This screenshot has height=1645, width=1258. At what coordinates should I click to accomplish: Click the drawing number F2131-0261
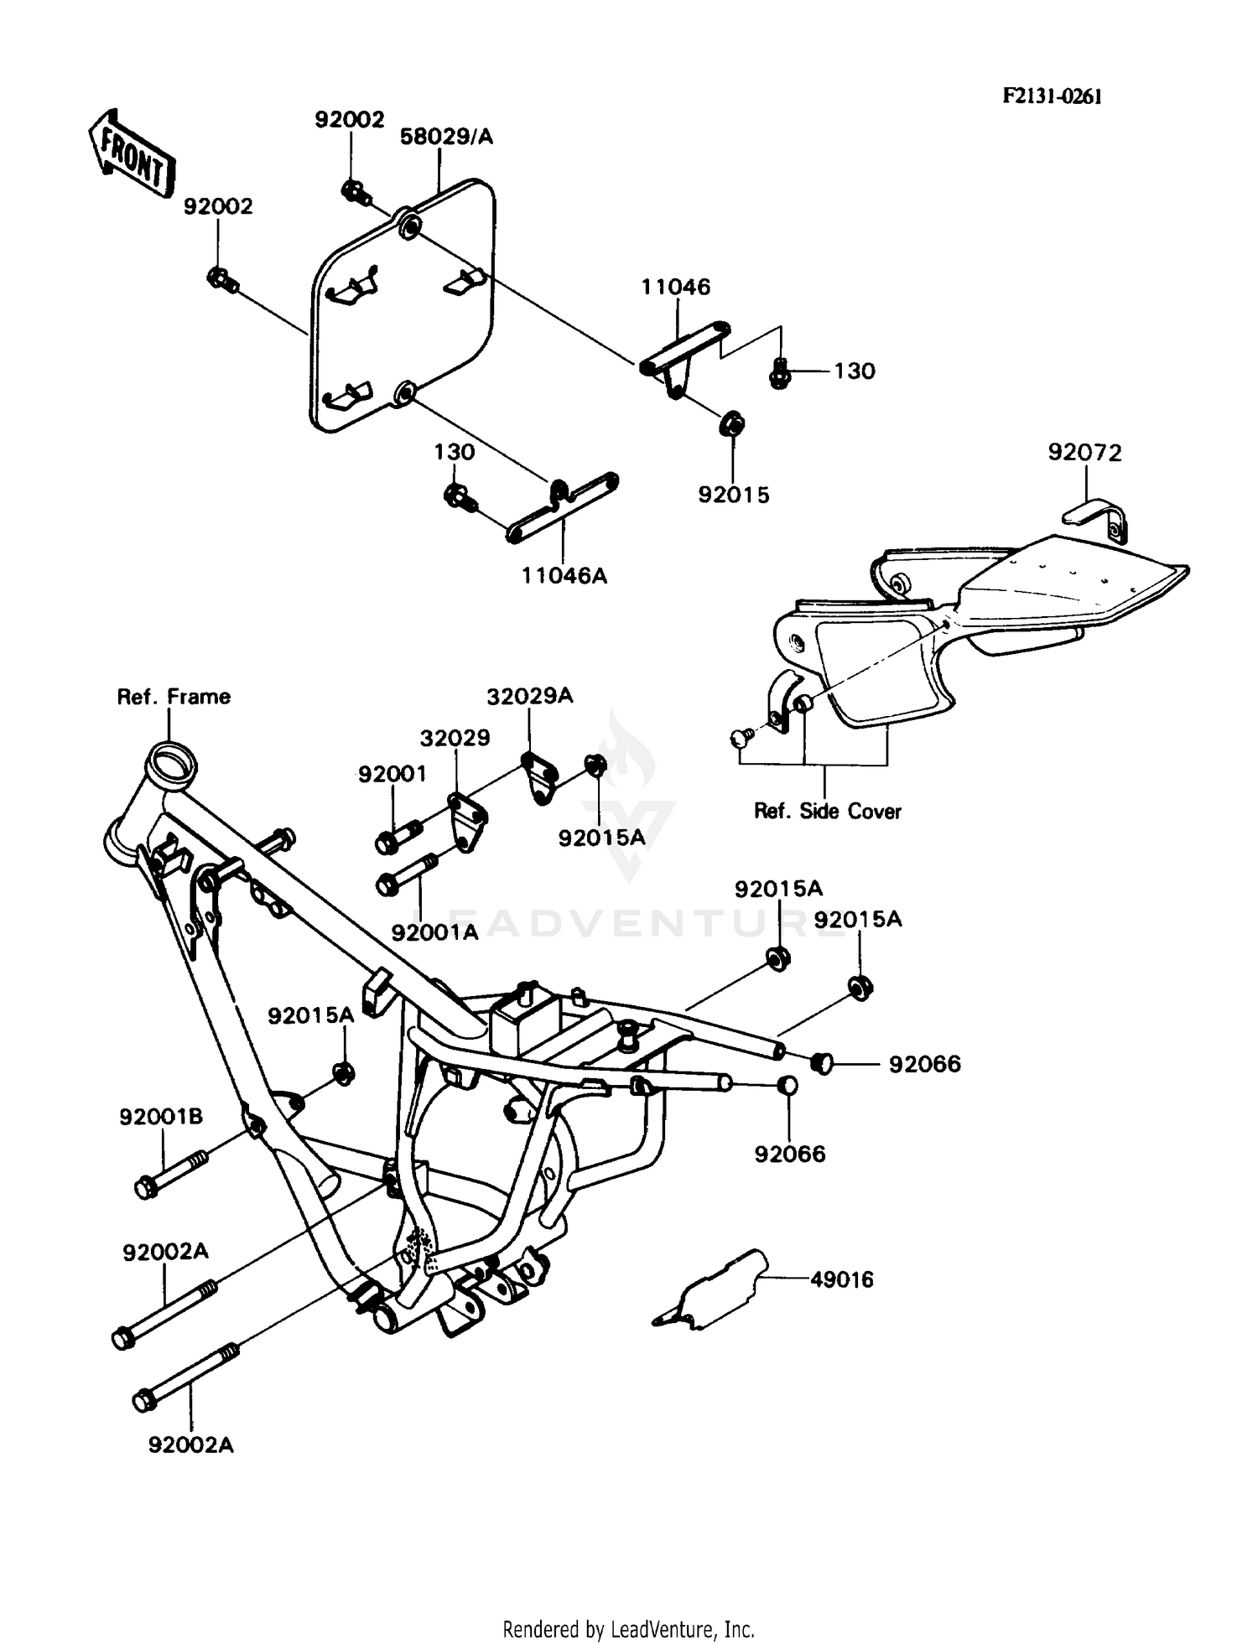click(x=1052, y=96)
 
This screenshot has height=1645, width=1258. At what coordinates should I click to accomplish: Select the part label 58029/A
click(x=445, y=137)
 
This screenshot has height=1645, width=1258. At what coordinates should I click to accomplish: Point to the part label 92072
click(x=1084, y=453)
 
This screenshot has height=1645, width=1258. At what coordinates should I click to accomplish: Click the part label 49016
click(x=841, y=1279)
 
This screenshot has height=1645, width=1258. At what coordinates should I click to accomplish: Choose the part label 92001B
click(x=161, y=1117)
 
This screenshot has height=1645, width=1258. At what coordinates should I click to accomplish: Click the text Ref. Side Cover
click(x=827, y=811)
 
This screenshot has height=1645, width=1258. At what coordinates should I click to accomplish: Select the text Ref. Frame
click(x=174, y=697)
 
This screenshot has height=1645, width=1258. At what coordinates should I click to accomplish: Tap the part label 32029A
click(x=530, y=696)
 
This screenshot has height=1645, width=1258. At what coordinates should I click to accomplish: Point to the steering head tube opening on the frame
click(x=172, y=766)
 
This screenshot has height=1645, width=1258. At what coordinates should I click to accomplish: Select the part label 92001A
click(x=434, y=931)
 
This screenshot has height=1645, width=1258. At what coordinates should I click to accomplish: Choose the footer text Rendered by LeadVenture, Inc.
click(x=628, y=1629)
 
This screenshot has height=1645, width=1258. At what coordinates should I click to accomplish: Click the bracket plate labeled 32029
click(x=466, y=818)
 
